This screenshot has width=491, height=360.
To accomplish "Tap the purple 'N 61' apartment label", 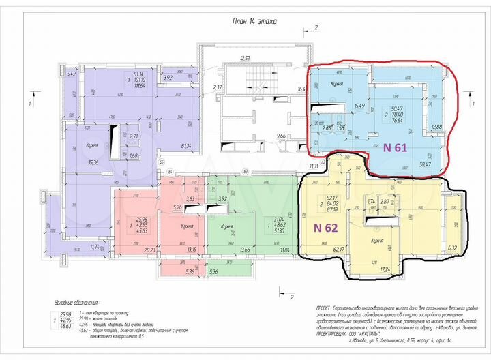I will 396,147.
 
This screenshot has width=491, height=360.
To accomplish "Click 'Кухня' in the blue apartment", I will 336,84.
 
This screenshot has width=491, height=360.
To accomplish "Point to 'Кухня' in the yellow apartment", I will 377,241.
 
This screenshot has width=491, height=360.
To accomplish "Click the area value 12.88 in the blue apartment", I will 437,126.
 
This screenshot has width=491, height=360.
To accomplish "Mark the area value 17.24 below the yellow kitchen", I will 385,270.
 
